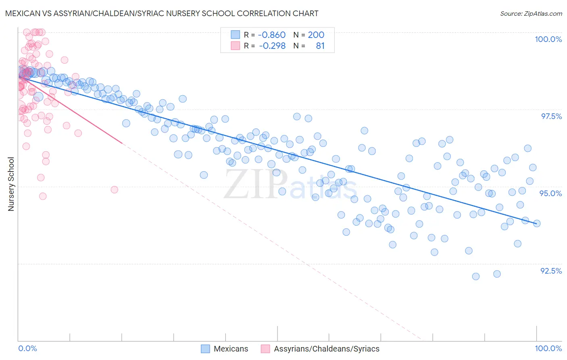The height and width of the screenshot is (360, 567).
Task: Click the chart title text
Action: (x=162, y=13)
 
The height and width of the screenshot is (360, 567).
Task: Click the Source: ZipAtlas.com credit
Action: (x=531, y=13)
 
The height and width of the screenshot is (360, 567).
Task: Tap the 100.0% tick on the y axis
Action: (x=548, y=39)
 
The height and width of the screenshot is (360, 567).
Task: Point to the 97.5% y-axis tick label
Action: (x=551, y=116)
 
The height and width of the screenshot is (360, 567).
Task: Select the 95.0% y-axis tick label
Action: (x=550, y=193)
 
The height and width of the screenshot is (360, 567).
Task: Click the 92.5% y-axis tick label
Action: (x=551, y=271)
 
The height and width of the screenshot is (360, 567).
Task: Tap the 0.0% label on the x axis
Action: (x=27, y=348)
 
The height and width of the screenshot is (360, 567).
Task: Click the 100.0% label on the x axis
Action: (x=548, y=348)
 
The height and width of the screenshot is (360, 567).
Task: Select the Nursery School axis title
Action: (x=11, y=184)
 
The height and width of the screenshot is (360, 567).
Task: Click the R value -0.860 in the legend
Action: (x=271, y=35)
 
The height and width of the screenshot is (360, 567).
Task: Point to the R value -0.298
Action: (x=271, y=46)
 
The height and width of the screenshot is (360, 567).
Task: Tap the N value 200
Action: (x=316, y=35)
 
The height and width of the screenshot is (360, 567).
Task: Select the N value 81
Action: (x=320, y=46)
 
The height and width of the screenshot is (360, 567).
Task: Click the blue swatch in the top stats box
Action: (x=235, y=35)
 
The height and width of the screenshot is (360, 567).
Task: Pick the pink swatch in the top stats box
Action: (x=235, y=46)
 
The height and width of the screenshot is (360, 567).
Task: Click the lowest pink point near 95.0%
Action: (x=43, y=196)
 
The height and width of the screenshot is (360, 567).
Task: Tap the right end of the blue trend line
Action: (x=536, y=223)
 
